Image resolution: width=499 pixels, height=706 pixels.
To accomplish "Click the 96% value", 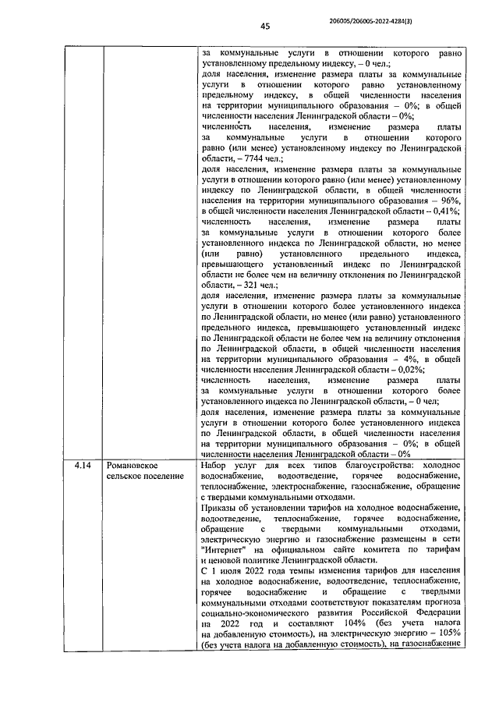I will pyautogui.click(x=446, y=200).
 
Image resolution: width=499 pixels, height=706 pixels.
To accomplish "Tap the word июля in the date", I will pyautogui.click(x=235, y=570).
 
